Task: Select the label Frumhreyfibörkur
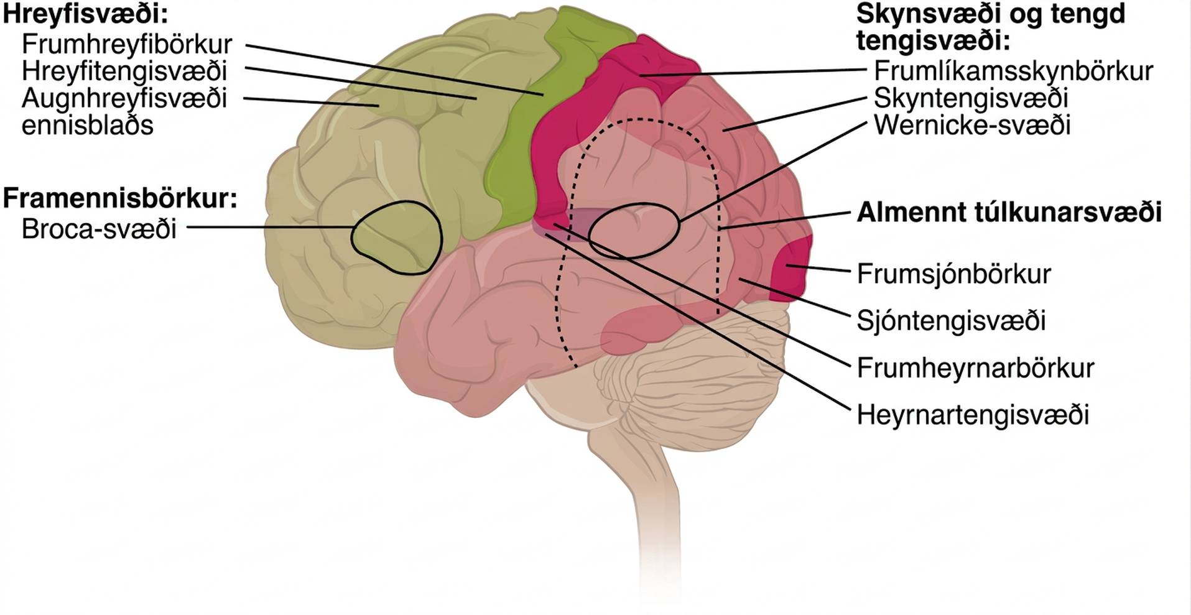tap(127, 44)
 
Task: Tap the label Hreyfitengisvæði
tap(124, 72)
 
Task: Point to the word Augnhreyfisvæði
tap(124, 99)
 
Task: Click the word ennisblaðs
tap(87, 126)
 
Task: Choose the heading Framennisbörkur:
tap(120, 198)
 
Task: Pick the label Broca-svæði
tap(99, 229)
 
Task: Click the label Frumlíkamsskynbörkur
tap(1013, 71)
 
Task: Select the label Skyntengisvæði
tap(971, 98)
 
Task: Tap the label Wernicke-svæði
tap(972, 126)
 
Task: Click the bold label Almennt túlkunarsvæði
tap(1009, 213)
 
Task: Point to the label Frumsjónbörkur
tap(953, 274)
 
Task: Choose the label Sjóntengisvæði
tap(951, 321)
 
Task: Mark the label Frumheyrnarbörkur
tap(975, 368)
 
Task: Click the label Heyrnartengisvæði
tap(973, 415)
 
